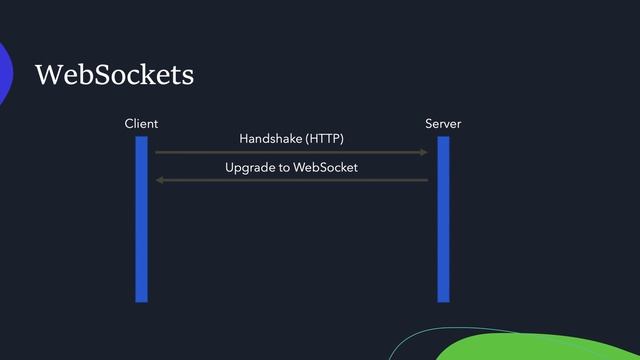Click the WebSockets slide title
click(x=114, y=75)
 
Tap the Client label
click(x=141, y=124)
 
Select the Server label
click(x=443, y=124)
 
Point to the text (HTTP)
click(x=325, y=137)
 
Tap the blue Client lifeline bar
click(x=142, y=220)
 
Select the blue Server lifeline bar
click(x=443, y=220)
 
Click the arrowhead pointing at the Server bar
click(x=425, y=152)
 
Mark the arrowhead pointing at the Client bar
click(x=160, y=180)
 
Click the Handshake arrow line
click(x=290, y=152)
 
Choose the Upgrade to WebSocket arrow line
click(x=290, y=180)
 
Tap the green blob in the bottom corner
click(x=540, y=345)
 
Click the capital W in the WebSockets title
click(x=48, y=75)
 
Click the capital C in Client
click(x=127, y=124)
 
